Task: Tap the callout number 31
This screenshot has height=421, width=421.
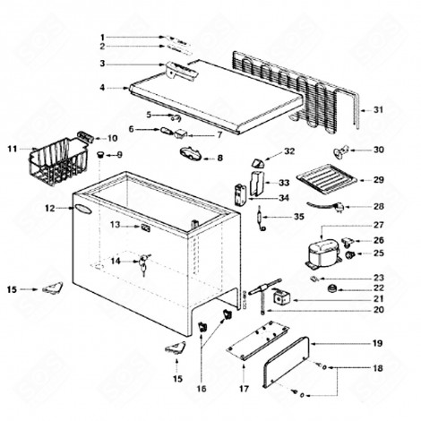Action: pyautogui.click(x=378, y=109)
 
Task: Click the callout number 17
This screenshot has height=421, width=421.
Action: pyautogui.click(x=244, y=389)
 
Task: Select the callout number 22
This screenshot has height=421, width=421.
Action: pyautogui.click(x=378, y=288)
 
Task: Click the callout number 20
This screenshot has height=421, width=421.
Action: pyautogui.click(x=378, y=310)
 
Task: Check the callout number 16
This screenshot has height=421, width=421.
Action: pyautogui.click(x=201, y=389)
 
